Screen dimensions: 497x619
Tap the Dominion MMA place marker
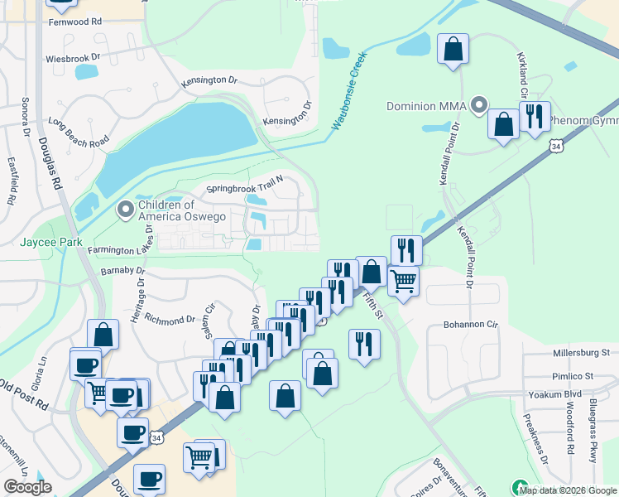coord(478,105)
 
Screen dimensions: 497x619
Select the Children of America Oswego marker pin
coord(126,210)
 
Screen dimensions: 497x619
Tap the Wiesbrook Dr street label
coord(72,59)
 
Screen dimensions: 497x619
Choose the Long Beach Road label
coord(79,132)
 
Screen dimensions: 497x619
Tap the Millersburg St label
coord(580,352)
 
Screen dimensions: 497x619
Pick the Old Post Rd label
coord(23,396)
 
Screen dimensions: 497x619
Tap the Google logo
coord(28,487)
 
